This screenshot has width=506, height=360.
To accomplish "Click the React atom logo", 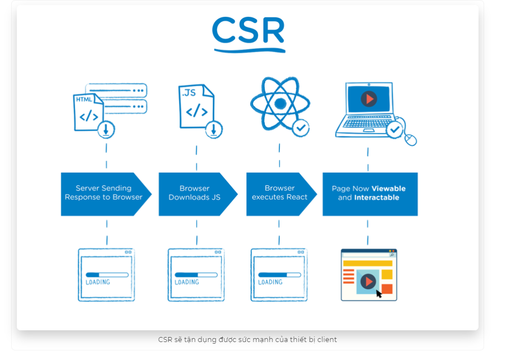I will [x=279, y=104].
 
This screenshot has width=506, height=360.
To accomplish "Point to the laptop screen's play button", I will [x=369, y=99].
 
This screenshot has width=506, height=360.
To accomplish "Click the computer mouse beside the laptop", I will [x=411, y=139].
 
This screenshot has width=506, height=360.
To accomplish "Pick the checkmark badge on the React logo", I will [x=301, y=127].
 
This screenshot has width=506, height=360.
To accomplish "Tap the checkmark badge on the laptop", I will [x=395, y=130].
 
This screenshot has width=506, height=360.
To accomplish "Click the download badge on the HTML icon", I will [x=105, y=130].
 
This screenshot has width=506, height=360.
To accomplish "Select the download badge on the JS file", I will [x=213, y=130].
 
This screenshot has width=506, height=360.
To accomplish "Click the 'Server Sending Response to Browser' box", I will [x=104, y=193].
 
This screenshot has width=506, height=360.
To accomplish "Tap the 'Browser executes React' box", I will [x=279, y=193].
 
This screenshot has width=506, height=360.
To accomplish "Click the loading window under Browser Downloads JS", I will [x=196, y=275].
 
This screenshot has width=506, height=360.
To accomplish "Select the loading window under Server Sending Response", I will [x=106, y=275].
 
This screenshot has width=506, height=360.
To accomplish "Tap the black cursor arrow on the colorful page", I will [x=379, y=293].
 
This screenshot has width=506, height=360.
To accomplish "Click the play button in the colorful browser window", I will [x=367, y=281].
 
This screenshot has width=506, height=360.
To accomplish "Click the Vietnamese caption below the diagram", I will [x=247, y=339].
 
